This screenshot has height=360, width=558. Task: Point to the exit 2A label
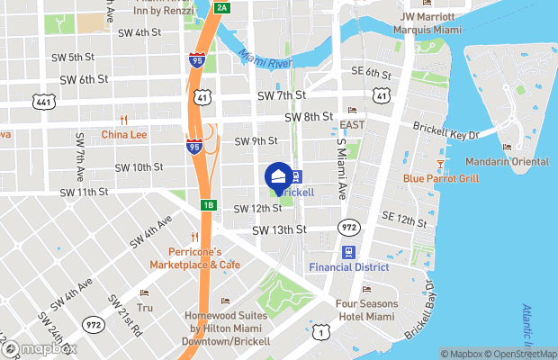click(222, 8)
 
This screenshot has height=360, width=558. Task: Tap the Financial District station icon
click(348, 252)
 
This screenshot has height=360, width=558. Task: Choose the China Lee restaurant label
click(123, 135)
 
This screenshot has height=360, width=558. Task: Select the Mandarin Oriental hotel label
click(507, 161)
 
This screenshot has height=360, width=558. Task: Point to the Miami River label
click(266, 59)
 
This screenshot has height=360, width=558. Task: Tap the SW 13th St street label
click(279, 229)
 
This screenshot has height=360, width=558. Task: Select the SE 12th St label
click(402, 219)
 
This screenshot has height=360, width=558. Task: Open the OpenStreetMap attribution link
click(522, 354)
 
